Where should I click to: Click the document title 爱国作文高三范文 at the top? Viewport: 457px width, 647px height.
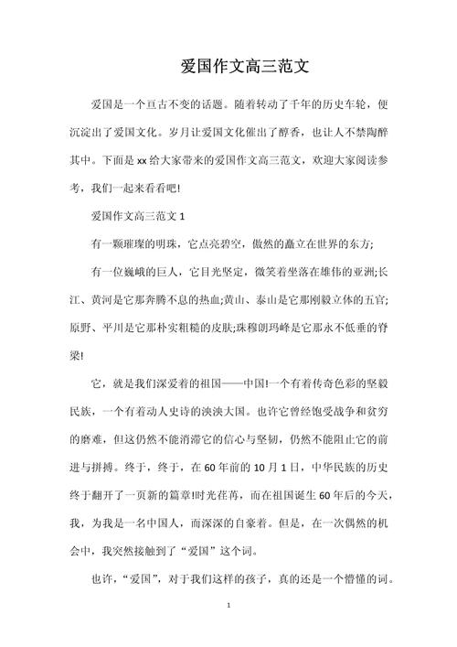click(247, 66)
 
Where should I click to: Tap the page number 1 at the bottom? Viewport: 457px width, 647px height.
click(228, 631)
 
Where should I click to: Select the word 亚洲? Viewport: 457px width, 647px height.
click(359, 273)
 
